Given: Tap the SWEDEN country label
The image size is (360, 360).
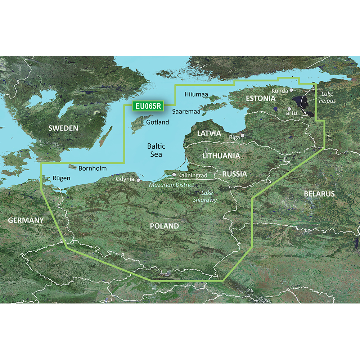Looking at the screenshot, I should coord(63,128).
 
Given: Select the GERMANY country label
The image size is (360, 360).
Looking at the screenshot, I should coord(22,220).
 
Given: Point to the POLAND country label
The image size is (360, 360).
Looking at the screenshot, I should coord(164,226).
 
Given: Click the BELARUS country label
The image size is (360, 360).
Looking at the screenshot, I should coord(319,194).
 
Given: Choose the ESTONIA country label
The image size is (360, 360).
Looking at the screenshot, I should coord(260,98).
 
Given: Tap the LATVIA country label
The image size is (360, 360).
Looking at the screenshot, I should coord(209,133).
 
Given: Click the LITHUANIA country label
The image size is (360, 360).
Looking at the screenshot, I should coord(221,156).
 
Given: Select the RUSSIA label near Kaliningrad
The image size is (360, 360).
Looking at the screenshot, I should coord(234,174).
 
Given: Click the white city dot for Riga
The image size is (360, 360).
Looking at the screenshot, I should coord(243,136).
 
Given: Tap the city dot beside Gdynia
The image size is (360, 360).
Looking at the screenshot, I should coord(137,176).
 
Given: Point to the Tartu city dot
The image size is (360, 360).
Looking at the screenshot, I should coord(289,109).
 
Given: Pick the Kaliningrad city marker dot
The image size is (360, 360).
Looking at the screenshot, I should coord(174,175).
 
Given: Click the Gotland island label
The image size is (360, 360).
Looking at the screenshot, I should coord(158,122).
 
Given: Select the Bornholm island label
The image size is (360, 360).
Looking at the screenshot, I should coord(93,168).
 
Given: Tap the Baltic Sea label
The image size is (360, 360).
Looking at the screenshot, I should coord(156,150).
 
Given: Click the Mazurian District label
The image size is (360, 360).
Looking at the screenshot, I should coord(172,185).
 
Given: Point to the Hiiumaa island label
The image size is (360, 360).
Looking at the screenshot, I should coord(196,94).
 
